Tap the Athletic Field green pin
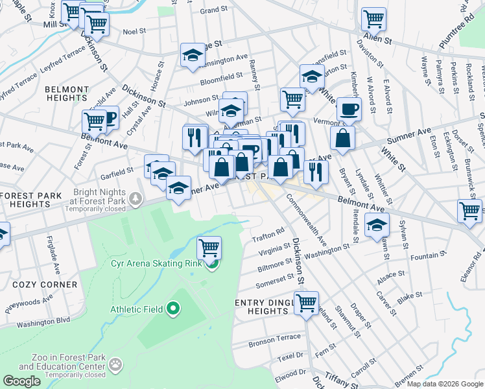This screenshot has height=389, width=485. click(x=172, y=309)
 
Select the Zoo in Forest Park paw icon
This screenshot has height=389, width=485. click(x=116, y=364)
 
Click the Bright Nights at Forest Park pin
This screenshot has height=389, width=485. click(x=136, y=198)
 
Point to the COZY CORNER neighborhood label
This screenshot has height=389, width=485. click(x=44, y=285)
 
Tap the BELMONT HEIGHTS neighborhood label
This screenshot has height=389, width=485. click(x=67, y=93)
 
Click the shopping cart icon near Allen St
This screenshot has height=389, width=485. click(x=373, y=19)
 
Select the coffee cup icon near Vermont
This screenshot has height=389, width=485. click(x=349, y=110)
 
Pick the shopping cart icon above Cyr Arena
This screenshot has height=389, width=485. click(x=209, y=247)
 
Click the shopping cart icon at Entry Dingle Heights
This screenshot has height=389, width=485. click(x=306, y=302)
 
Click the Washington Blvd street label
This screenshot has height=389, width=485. click(x=43, y=322)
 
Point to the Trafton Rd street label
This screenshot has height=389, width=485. click(x=268, y=232)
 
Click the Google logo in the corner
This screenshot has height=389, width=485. click(x=21, y=381)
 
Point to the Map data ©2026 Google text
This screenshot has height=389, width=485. click(x=444, y=384)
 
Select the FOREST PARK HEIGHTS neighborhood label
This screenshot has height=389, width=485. click(x=30, y=200)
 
